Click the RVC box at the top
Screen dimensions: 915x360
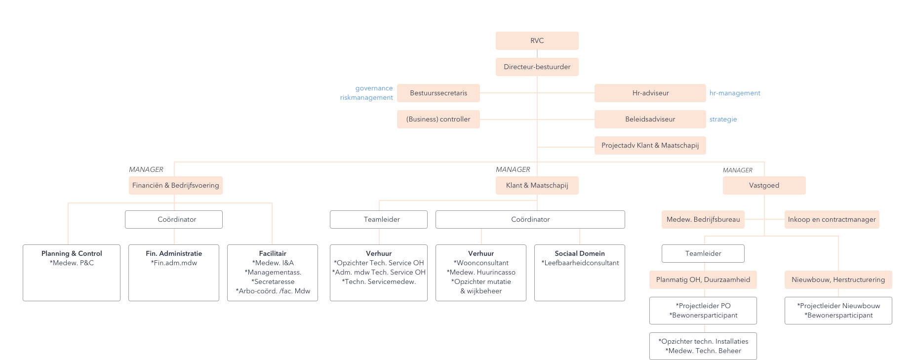pos(537,40)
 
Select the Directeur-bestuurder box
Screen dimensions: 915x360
pos(537,67)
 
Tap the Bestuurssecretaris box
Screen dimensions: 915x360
pos(438,93)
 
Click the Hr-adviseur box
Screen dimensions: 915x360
pos(650,93)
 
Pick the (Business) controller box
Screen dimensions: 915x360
pos(438,119)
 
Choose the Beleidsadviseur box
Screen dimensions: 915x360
pos(650,119)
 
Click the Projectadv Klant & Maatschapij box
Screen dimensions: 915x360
pos(650,145)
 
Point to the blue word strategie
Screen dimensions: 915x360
pos(723,120)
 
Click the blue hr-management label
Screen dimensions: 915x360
pos(735,93)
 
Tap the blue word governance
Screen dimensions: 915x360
pos(374,88)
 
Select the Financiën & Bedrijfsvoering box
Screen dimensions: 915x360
pos(175,185)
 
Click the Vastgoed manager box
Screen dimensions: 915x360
pos(764,185)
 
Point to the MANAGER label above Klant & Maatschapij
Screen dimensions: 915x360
pos(513,169)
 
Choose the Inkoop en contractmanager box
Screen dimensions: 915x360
pos(832,219)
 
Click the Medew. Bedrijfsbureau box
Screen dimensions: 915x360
pos(703,219)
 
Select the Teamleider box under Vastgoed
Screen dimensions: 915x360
pos(703,253)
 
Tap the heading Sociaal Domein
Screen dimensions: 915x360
pos(579,253)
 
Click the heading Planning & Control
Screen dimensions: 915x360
pos(72,253)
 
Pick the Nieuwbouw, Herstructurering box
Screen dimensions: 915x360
pos(838,280)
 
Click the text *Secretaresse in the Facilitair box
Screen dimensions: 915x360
pos(273,281)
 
